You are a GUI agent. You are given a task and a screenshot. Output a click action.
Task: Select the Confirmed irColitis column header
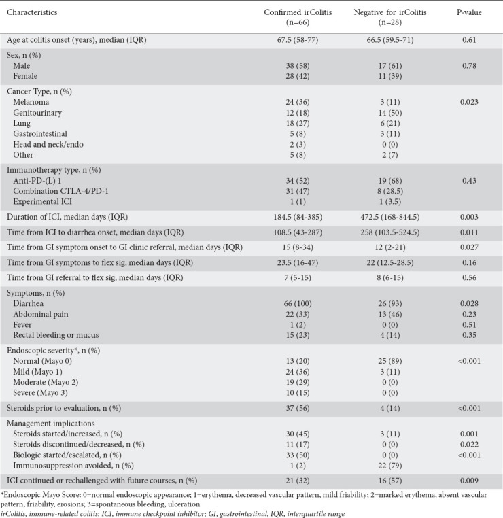[x=295, y=16]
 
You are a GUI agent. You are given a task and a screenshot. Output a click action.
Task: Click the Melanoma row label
[x=31, y=101]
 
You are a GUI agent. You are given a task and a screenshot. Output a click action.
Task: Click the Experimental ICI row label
[x=43, y=197]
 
